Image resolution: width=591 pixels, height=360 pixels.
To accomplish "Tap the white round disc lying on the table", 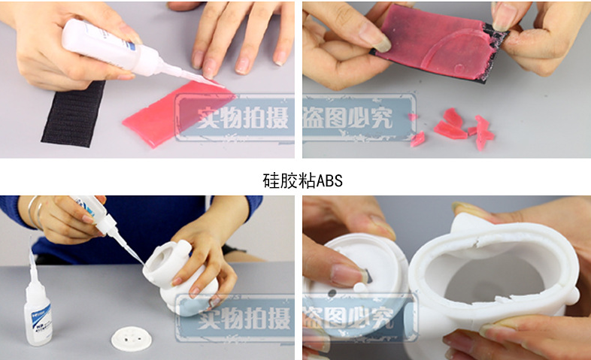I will click(130, 337).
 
